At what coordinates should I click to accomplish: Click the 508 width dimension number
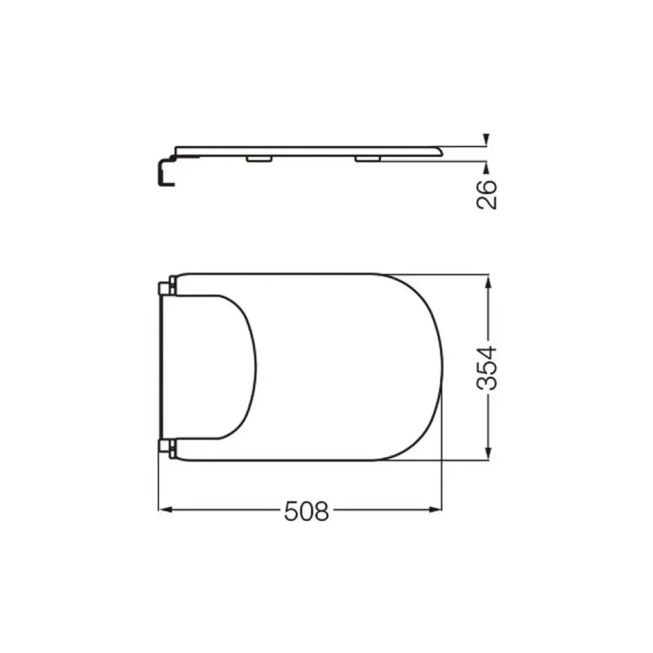click(x=306, y=512)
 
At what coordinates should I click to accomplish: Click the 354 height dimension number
click(x=487, y=368)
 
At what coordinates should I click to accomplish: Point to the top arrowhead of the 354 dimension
click(x=488, y=281)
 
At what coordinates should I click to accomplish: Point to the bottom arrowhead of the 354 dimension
click(x=488, y=452)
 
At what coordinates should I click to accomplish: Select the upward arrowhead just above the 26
click(x=486, y=168)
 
